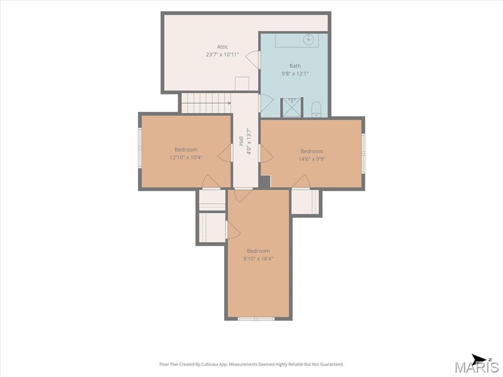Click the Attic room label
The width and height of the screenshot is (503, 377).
[x=223, y=47]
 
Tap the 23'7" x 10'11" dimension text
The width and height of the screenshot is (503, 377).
[x=223, y=54]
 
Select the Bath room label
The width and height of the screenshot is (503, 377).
[x=295, y=66]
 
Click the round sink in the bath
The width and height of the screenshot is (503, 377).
[x=309, y=40]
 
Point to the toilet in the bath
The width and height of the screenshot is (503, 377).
[x=316, y=109]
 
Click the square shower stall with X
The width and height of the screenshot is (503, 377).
[x=292, y=108]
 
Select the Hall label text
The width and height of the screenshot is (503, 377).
[x=241, y=141]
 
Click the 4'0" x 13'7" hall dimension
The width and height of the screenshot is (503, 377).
[x=248, y=141]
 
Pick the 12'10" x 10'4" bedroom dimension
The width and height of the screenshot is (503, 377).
[x=186, y=158]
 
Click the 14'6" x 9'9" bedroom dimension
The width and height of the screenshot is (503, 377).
[x=312, y=159]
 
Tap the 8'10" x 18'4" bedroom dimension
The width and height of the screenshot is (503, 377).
[x=258, y=259]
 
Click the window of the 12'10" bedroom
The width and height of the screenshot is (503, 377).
[x=140, y=147]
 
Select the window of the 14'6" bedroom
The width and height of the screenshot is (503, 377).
[x=363, y=153]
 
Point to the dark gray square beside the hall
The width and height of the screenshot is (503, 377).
[x=265, y=181]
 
